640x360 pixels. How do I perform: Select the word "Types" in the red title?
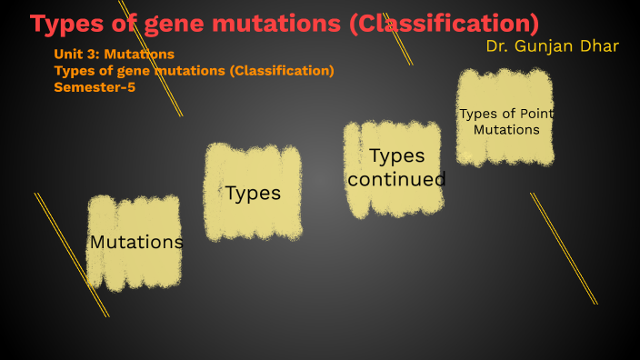(x=67, y=24)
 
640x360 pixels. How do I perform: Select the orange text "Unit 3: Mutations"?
(x=115, y=55)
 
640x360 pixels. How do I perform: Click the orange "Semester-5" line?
(x=95, y=87)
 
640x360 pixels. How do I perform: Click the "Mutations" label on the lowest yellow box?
(x=136, y=243)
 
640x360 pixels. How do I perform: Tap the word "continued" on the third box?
(x=396, y=179)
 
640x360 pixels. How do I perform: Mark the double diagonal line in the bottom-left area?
(x=71, y=255)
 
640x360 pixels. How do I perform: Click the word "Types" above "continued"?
(x=396, y=155)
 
